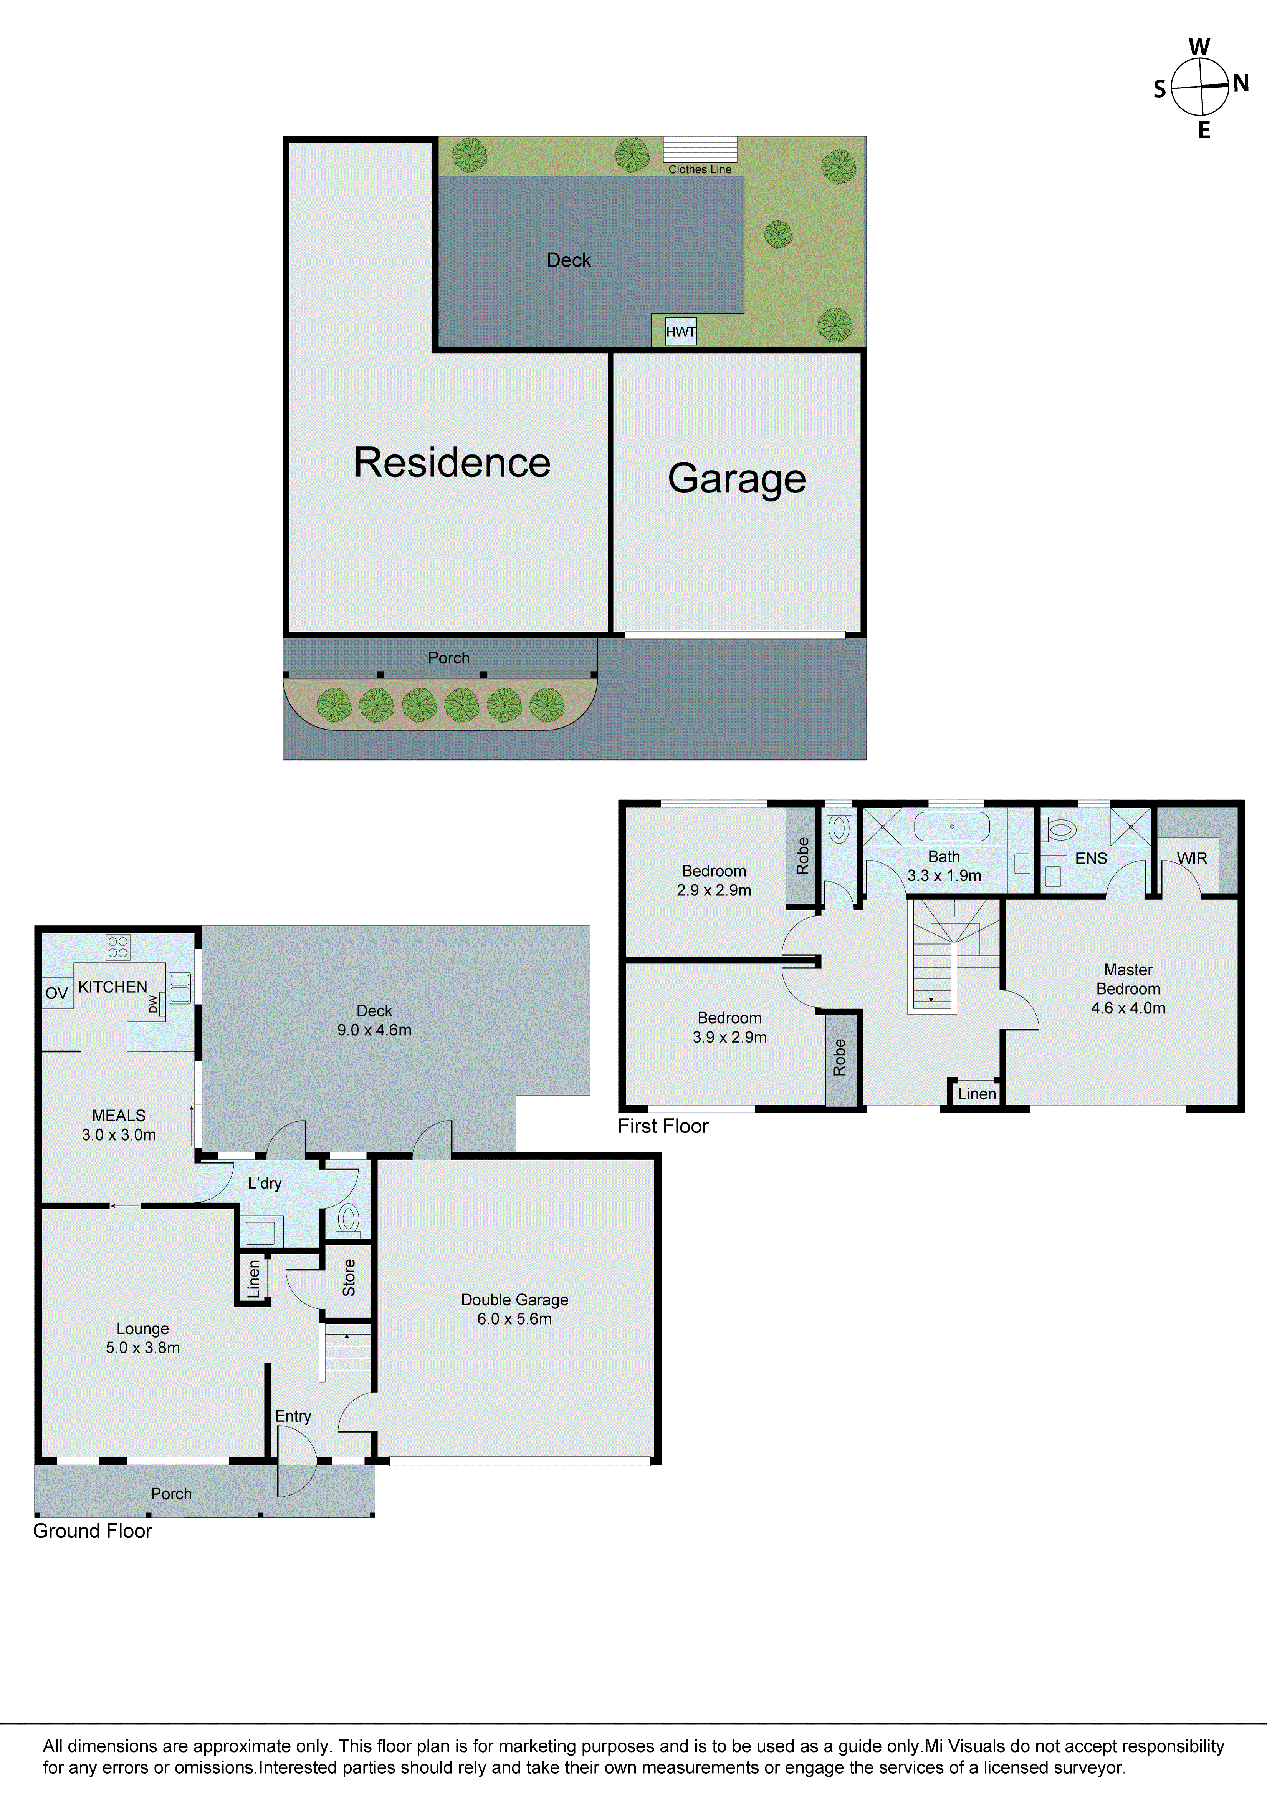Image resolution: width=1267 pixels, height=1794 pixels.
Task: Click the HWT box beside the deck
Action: pyautogui.click(x=680, y=331)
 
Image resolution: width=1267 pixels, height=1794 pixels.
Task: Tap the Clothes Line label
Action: pyautogui.click(x=700, y=169)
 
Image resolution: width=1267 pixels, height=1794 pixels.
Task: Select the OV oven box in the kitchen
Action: pyautogui.click(x=57, y=993)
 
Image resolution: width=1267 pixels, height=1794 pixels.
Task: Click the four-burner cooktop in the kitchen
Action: pyautogui.click(x=118, y=948)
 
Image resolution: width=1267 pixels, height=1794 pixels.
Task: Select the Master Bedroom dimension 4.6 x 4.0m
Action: pyautogui.click(x=1128, y=1008)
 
